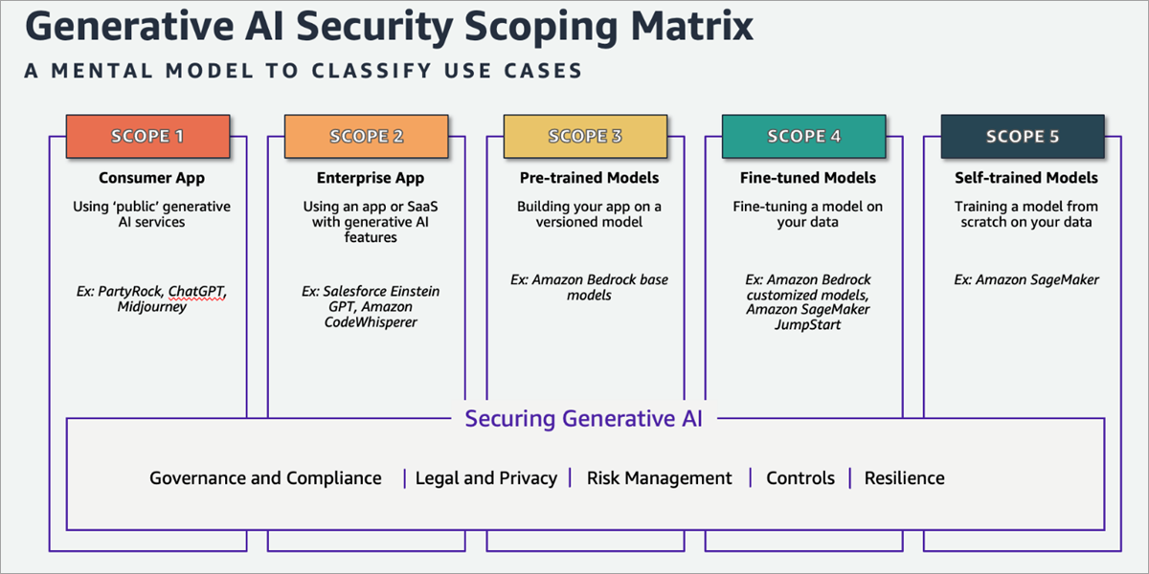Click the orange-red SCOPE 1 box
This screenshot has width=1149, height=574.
click(147, 136)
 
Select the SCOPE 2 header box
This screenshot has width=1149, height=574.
click(366, 136)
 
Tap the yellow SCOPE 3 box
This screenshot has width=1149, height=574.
click(585, 136)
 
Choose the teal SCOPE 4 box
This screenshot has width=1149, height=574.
click(803, 136)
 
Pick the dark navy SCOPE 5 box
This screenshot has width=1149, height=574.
click(1023, 136)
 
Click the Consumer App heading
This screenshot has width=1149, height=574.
click(152, 178)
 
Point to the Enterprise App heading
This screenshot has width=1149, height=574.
click(371, 178)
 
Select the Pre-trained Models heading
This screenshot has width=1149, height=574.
click(589, 178)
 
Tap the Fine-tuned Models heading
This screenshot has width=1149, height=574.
click(808, 178)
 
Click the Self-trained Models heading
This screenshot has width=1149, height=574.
click(1026, 178)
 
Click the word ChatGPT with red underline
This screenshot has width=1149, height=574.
click(196, 292)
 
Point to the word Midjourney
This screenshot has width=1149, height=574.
click(152, 307)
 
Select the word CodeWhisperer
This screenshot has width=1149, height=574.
click(371, 322)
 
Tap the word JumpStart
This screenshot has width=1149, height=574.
click(808, 325)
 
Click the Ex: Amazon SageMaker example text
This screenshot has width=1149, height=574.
click(1026, 279)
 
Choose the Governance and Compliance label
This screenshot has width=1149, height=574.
click(266, 478)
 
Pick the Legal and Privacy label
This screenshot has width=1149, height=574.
click(486, 478)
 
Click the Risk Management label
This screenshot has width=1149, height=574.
click(659, 478)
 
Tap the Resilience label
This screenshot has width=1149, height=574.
click(904, 478)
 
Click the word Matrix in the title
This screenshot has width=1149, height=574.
click(692, 26)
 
